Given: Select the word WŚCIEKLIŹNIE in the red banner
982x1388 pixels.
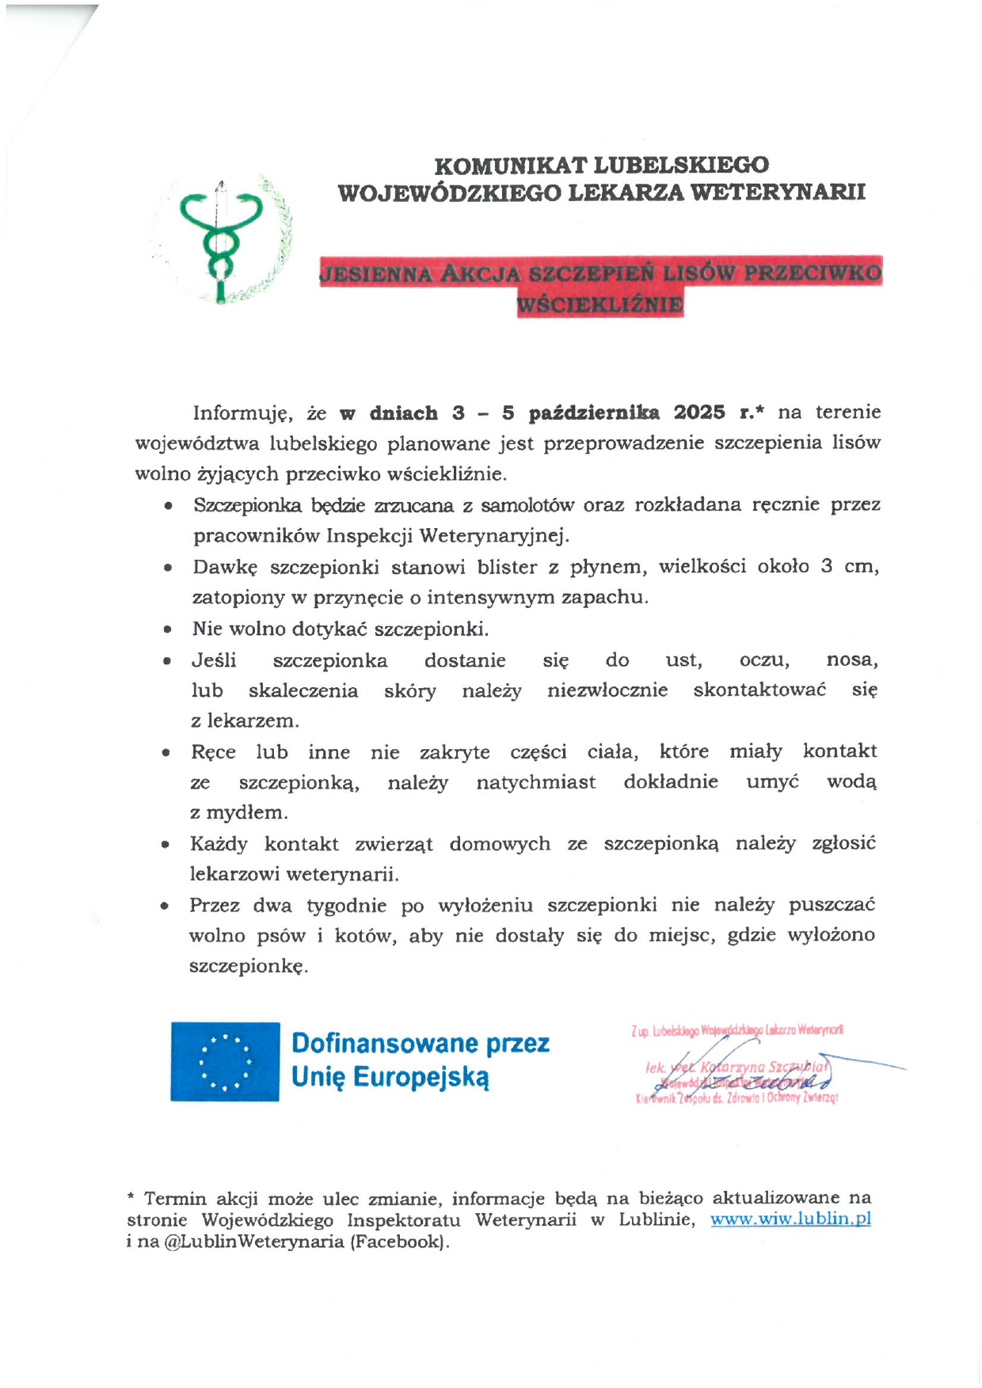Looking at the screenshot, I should tap(599, 305).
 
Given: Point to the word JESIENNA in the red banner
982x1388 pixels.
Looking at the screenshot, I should tap(375, 274).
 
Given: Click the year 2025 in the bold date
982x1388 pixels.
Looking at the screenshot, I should tap(699, 413).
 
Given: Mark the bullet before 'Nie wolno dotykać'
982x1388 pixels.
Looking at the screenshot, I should tap(167, 630).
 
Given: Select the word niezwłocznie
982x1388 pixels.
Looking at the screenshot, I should tap(607, 690).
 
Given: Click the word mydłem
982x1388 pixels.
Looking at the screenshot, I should tap(247, 812).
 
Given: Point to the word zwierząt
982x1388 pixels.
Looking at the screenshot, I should tap(394, 844).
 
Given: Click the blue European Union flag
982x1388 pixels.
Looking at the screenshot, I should tap(225, 1061).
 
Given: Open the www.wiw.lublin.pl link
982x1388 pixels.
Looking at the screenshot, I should tap(790, 1219).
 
